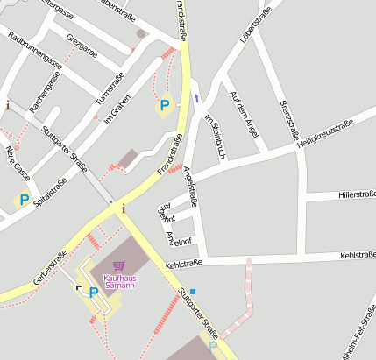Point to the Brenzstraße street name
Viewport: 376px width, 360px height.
[x=288, y=118]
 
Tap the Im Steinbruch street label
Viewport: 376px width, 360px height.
[x=215, y=136]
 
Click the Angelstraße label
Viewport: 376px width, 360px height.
[x=189, y=187]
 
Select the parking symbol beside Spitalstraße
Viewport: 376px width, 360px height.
[x=24, y=201]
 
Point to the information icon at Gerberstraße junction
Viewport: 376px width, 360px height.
[x=124, y=208]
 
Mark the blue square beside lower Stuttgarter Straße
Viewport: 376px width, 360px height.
[x=193, y=291]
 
